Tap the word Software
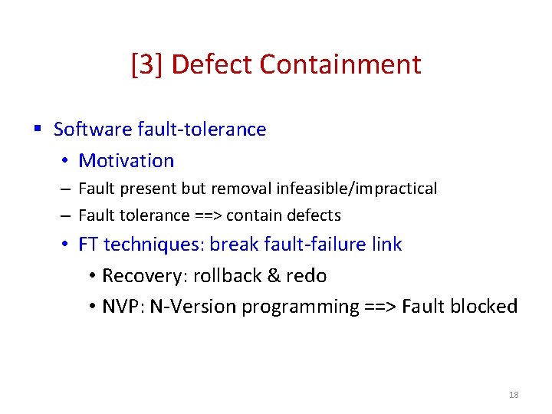point(93,129)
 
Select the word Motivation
point(127,160)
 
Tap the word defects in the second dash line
point(314,215)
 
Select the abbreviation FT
point(88,245)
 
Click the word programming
point(301,307)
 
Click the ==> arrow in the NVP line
point(380,307)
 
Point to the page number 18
point(514,395)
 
